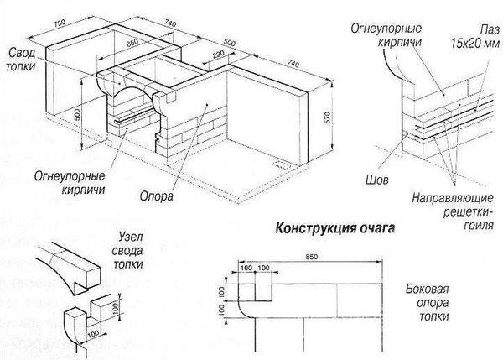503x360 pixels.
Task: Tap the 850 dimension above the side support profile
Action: tap(312, 255)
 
